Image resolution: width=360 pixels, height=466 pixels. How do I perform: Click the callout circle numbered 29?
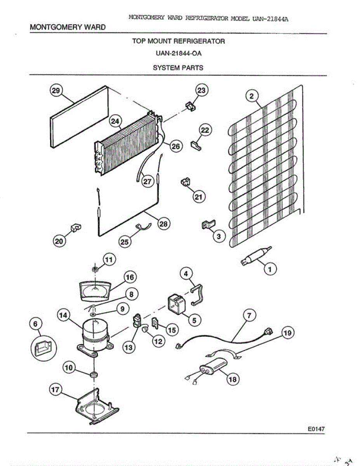click(56, 91)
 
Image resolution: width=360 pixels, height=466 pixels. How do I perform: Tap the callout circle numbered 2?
click(252, 95)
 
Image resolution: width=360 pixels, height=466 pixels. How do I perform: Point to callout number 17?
click(56, 389)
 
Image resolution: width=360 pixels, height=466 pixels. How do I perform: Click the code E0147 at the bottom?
click(316, 429)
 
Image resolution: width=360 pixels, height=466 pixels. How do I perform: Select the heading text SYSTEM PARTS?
click(178, 68)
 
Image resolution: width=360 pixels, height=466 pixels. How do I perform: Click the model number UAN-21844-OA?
click(178, 54)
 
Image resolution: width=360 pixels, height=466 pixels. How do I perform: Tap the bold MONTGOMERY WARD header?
click(68, 27)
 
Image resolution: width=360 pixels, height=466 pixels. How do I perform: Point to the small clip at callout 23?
click(190, 106)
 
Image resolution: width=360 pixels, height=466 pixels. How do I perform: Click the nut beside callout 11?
click(94, 269)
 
